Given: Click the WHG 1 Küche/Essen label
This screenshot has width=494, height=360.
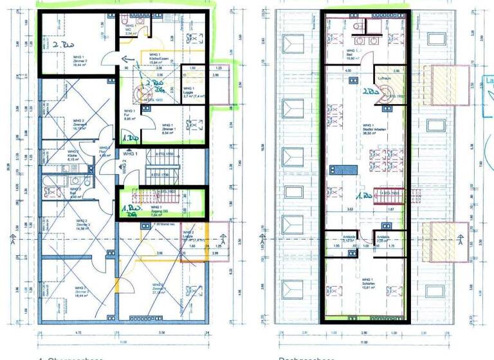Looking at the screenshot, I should (x=160, y=59).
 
